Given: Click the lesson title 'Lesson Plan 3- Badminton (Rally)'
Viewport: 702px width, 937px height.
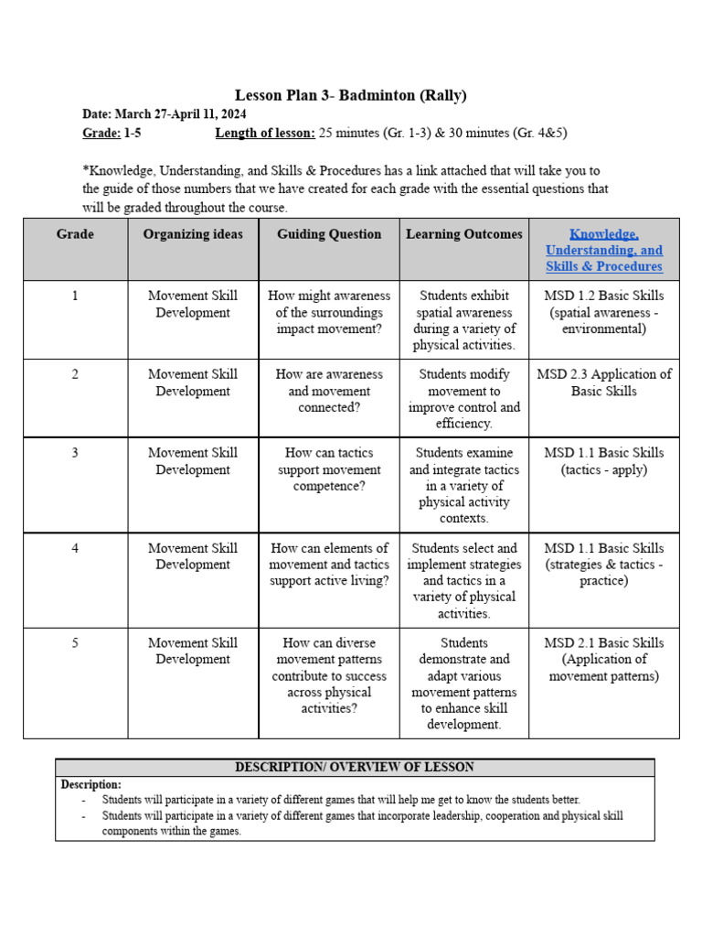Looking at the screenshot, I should click(351, 95).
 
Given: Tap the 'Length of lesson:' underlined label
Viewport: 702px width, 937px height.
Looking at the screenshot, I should click(265, 133).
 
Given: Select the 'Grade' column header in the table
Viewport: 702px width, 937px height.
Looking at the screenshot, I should click(75, 234).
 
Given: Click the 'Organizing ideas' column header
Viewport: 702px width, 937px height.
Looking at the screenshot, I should click(193, 234).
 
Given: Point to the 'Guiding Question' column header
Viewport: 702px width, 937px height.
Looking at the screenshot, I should click(329, 234).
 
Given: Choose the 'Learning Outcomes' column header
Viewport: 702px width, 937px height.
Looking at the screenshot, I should click(464, 234).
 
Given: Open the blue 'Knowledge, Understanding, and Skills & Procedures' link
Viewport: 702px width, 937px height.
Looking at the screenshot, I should click(603, 250).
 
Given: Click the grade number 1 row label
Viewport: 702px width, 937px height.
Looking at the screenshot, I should click(75, 296).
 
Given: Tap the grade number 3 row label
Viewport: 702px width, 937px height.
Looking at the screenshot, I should click(75, 453).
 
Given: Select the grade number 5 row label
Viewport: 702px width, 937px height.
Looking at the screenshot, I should click(75, 643).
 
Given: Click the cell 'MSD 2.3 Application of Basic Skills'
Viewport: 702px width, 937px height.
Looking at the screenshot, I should click(603, 382).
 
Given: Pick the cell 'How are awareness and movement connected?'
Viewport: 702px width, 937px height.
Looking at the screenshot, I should click(329, 391).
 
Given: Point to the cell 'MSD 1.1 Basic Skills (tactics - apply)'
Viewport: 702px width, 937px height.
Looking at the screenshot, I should click(603, 461).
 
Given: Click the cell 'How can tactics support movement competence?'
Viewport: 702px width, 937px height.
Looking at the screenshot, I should click(329, 469).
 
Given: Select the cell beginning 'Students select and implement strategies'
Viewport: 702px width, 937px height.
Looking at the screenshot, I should click(464, 580).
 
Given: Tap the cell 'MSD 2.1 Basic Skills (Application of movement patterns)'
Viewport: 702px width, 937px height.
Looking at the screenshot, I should click(603, 660).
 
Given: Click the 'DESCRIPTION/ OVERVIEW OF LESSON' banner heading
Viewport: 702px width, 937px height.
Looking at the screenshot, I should click(355, 768).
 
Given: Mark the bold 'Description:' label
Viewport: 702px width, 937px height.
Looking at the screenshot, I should click(90, 785).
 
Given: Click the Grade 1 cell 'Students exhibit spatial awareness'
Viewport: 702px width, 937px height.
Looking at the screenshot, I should click(464, 320).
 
